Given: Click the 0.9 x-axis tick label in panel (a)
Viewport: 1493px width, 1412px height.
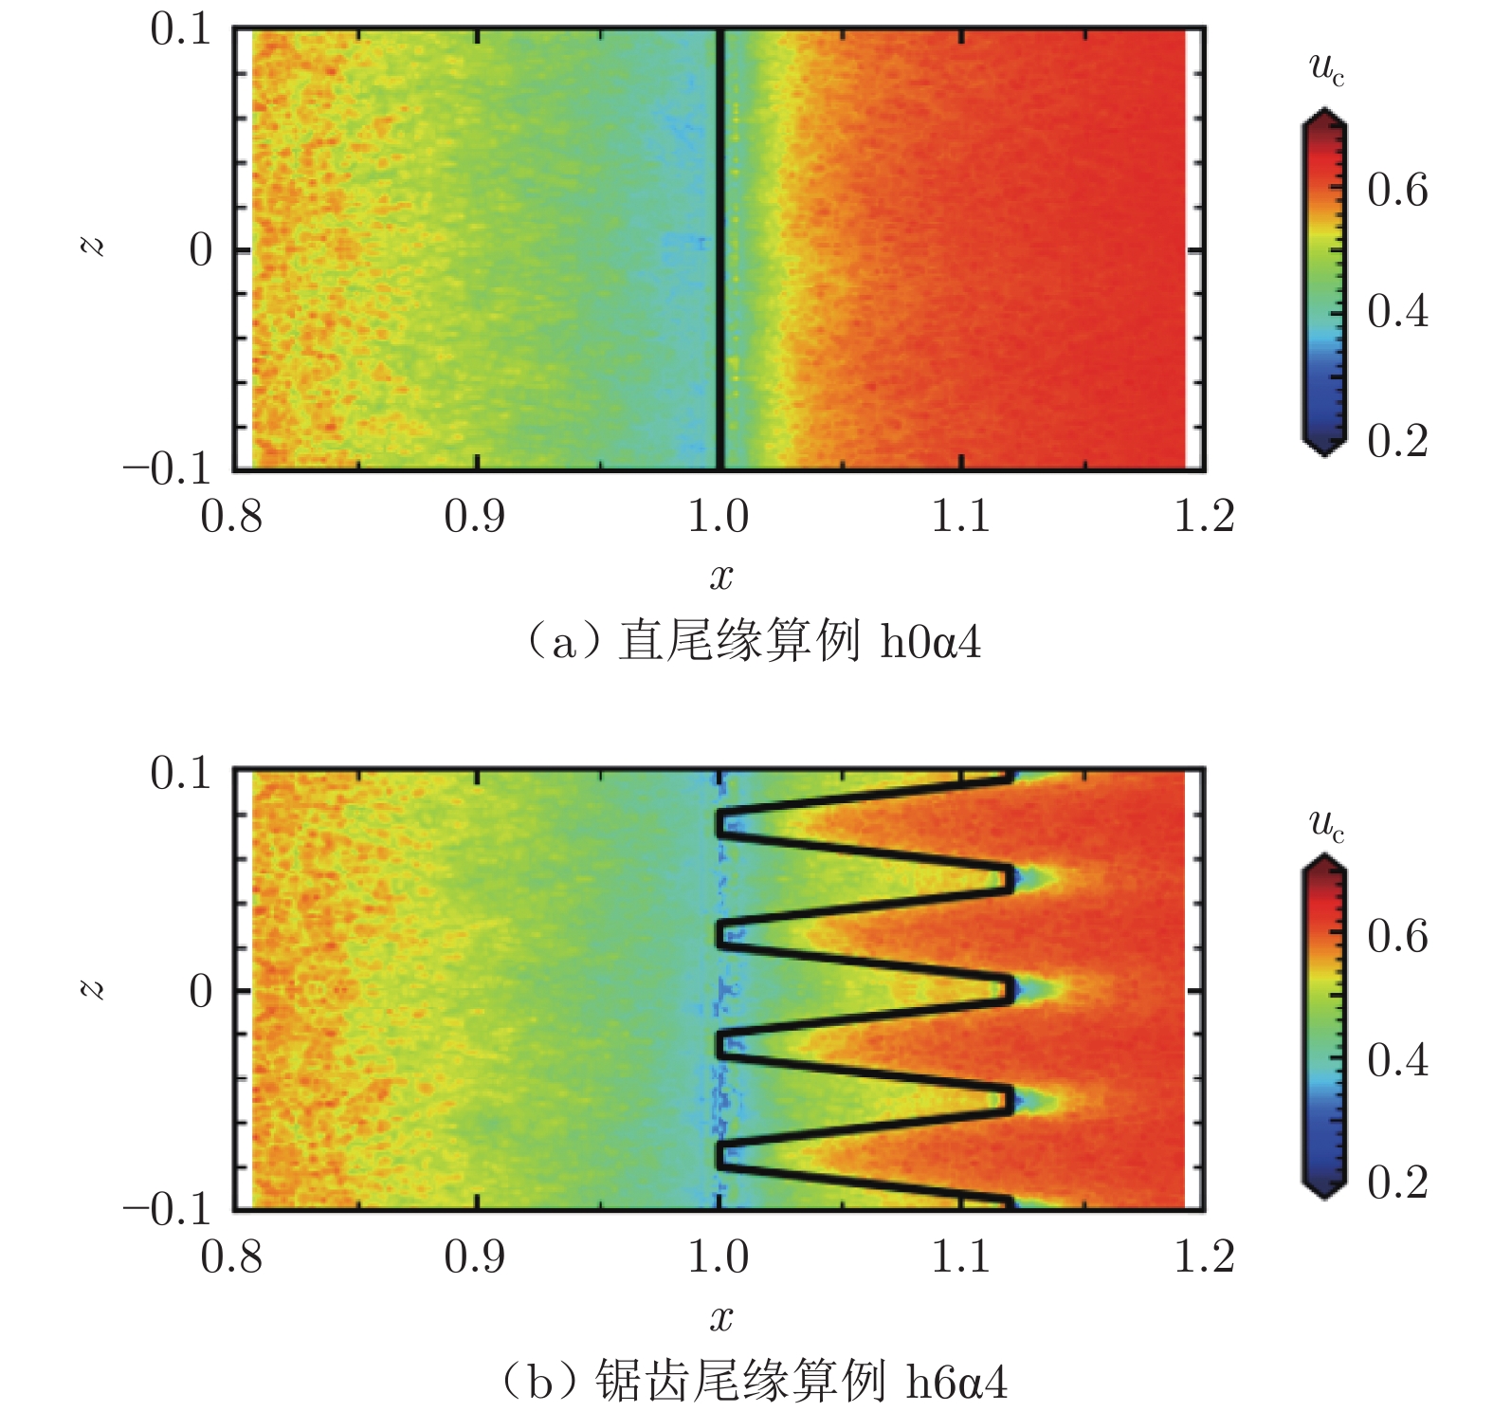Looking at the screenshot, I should pos(474,517).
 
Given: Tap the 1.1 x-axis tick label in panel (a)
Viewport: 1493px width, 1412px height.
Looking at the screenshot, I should pos(961,517).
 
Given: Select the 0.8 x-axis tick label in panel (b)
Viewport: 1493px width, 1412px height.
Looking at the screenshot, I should pos(231,1256).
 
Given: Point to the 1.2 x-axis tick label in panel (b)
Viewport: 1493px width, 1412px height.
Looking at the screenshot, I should pos(1204,1256).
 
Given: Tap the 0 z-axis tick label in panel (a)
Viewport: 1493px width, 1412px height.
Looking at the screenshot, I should pos(200,250).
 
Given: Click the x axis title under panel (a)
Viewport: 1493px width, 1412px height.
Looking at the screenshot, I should pos(721,576).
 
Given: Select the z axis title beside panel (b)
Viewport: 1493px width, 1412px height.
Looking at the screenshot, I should pos(92,990).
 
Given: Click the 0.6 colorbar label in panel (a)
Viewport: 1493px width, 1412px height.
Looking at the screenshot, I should pos(1397,191).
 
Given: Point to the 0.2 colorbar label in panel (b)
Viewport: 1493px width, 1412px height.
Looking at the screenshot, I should pos(1397,1183).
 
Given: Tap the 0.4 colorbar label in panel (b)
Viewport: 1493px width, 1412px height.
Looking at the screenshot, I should pos(1397,1059).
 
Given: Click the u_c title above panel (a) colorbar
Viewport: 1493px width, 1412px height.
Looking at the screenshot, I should pos(1326,68).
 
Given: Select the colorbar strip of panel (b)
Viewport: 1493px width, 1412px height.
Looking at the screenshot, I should pos(1323,1026).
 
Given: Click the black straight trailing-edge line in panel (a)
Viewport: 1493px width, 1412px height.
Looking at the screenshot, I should pos(720,250).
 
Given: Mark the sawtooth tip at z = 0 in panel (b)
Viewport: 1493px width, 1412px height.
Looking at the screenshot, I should pos(1009,990).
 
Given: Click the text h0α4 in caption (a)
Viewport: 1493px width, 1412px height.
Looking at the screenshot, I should pos(930,643).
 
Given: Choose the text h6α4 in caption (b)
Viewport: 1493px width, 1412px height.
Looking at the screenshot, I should pos(956,1382).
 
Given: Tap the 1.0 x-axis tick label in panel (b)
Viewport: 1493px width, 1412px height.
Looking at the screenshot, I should pos(719,1256).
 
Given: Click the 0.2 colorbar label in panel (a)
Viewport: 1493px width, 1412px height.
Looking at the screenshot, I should pos(1397,441).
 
